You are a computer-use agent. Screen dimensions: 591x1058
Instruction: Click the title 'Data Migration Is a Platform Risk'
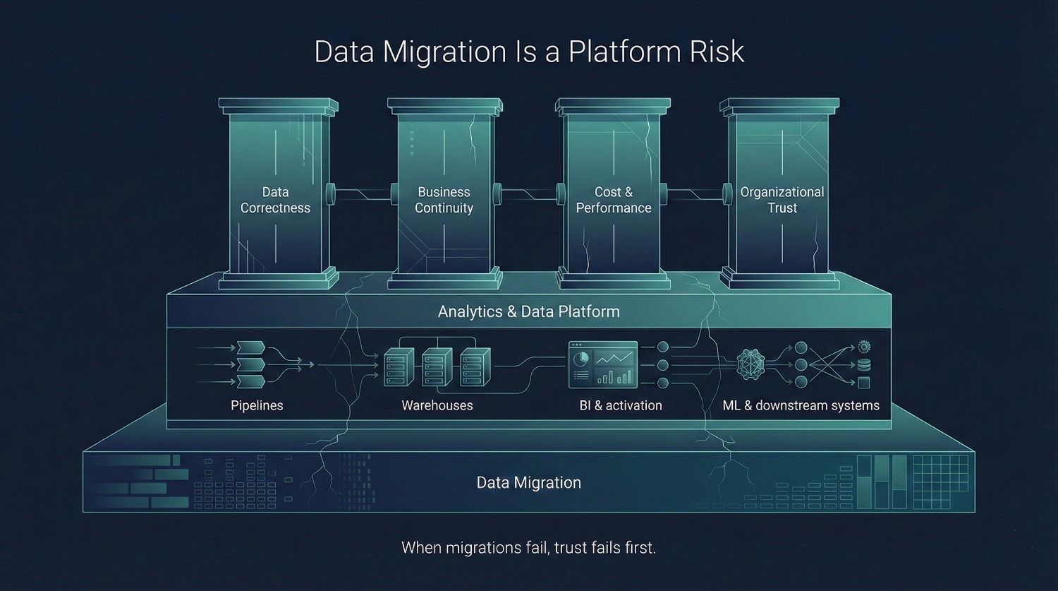coord(529,52)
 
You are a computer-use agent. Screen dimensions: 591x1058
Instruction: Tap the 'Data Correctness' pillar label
coord(275,200)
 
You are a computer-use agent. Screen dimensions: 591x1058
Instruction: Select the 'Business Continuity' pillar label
coord(444,200)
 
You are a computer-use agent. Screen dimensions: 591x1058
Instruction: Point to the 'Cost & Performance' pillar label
coord(613,200)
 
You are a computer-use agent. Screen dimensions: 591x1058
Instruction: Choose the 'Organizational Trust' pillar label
coord(782,200)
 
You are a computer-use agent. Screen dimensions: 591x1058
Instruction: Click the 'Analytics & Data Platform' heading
coord(529,311)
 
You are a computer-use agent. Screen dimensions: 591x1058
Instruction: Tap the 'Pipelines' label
coord(257,405)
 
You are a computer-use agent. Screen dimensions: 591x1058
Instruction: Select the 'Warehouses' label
coord(437,405)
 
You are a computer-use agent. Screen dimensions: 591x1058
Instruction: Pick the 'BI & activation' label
coord(621,405)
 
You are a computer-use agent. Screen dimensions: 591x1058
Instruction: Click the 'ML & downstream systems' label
coord(801,405)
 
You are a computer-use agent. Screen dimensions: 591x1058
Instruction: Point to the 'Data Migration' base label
coord(529,483)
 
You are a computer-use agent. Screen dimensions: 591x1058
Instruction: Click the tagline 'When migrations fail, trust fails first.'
coord(529,547)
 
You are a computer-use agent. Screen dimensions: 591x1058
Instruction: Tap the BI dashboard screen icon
coord(603,364)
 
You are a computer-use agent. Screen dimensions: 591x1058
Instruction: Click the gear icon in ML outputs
coord(864,347)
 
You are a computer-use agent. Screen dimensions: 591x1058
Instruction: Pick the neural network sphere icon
coord(750,364)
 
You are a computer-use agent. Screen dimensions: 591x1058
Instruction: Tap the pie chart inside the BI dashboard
coord(580,358)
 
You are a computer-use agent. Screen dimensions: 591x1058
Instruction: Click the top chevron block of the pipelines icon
coord(252,347)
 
